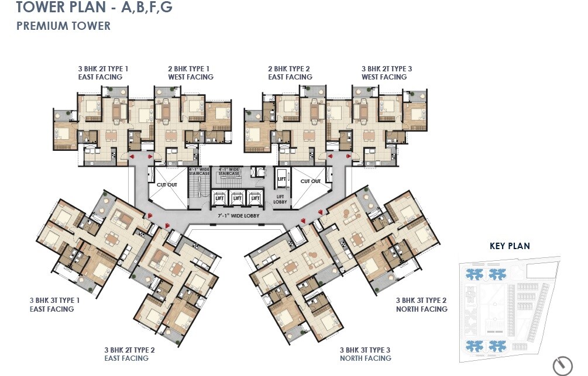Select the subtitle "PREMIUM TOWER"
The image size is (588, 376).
(x=63, y=26)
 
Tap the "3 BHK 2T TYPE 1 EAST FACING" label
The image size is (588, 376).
(x=103, y=73)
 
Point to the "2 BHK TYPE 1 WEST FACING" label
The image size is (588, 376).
(x=191, y=73)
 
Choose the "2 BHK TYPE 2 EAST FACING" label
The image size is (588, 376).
(x=290, y=73)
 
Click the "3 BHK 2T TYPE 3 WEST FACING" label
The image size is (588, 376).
(x=386, y=73)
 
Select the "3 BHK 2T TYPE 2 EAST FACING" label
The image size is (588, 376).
(x=129, y=354)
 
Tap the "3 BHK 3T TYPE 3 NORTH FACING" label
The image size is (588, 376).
(x=365, y=354)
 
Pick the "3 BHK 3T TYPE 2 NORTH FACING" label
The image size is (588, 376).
(x=421, y=305)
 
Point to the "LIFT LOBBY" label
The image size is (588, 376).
(x=281, y=199)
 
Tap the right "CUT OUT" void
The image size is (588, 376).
(x=311, y=181)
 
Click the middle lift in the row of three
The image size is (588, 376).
(x=237, y=198)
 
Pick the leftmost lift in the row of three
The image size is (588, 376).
(x=219, y=198)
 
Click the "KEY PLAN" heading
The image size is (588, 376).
(x=510, y=246)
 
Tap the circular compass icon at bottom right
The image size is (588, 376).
(x=563, y=365)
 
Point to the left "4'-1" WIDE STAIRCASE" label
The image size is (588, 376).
(x=198, y=171)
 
